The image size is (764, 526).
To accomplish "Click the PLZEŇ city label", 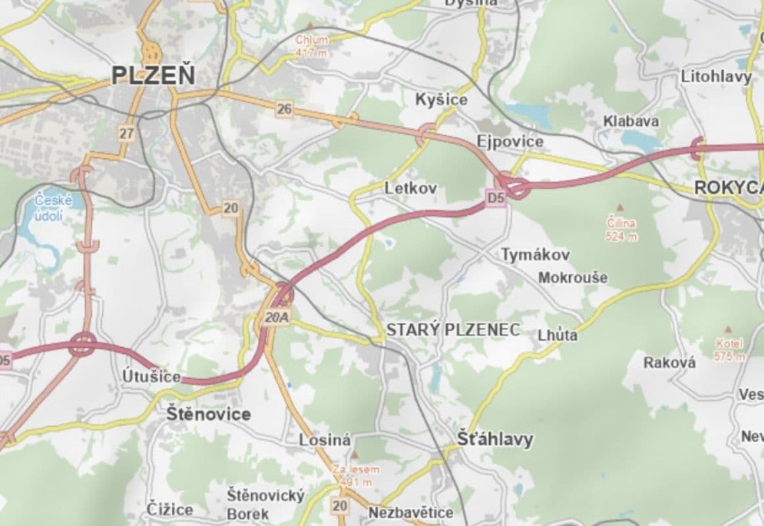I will click(x=153, y=75).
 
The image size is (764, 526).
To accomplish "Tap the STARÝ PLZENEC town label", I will click(x=453, y=329).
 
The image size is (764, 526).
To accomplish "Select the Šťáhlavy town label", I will click(x=496, y=439).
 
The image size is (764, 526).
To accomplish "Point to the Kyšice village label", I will click(x=441, y=99).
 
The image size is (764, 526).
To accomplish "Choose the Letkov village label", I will click(x=410, y=188).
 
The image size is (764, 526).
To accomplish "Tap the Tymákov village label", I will click(x=536, y=254).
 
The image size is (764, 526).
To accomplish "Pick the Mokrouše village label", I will click(x=573, y=277).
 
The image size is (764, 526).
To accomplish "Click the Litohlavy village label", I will click(x=716, y=77).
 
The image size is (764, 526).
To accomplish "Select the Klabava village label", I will click(x=631, y=121).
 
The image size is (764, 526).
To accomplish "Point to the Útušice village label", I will click(x=151, y=376).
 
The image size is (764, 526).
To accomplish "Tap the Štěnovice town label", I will click(x=208, y=414).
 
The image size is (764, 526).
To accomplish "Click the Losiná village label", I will click(x=325, y=440).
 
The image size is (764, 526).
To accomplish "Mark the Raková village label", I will click(x=669, y=362).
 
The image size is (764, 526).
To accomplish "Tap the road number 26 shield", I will click(x=284, y=109).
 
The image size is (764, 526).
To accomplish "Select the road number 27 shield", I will click(x=127, y=133).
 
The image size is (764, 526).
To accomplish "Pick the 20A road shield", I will click(x=277, y=318).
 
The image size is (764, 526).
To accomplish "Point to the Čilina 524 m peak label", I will click(x=621, y=229).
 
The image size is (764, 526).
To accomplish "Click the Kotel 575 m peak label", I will click(x=730, y=350).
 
